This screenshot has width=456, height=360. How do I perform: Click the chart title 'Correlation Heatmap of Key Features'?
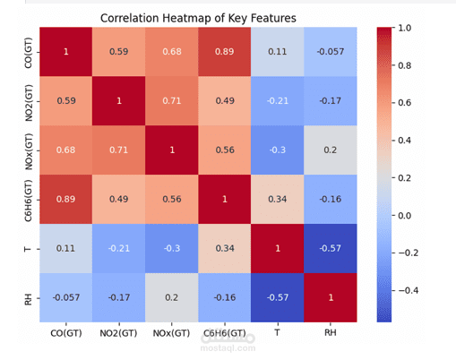[198, 17]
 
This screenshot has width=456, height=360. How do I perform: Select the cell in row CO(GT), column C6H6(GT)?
[225, 52]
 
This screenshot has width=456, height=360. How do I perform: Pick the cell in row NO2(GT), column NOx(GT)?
[171, 101]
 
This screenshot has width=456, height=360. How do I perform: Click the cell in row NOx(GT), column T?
[279, 150]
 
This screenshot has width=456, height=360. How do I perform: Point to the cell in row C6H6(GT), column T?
[279, 199]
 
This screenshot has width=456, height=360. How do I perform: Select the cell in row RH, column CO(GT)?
[64, 296]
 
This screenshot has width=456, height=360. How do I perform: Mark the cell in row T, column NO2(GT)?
[117, 247]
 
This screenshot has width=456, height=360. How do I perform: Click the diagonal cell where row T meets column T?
[279, 247]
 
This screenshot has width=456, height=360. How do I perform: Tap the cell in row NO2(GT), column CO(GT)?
[64, 101]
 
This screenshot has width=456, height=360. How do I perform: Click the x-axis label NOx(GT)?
[171, 333]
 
